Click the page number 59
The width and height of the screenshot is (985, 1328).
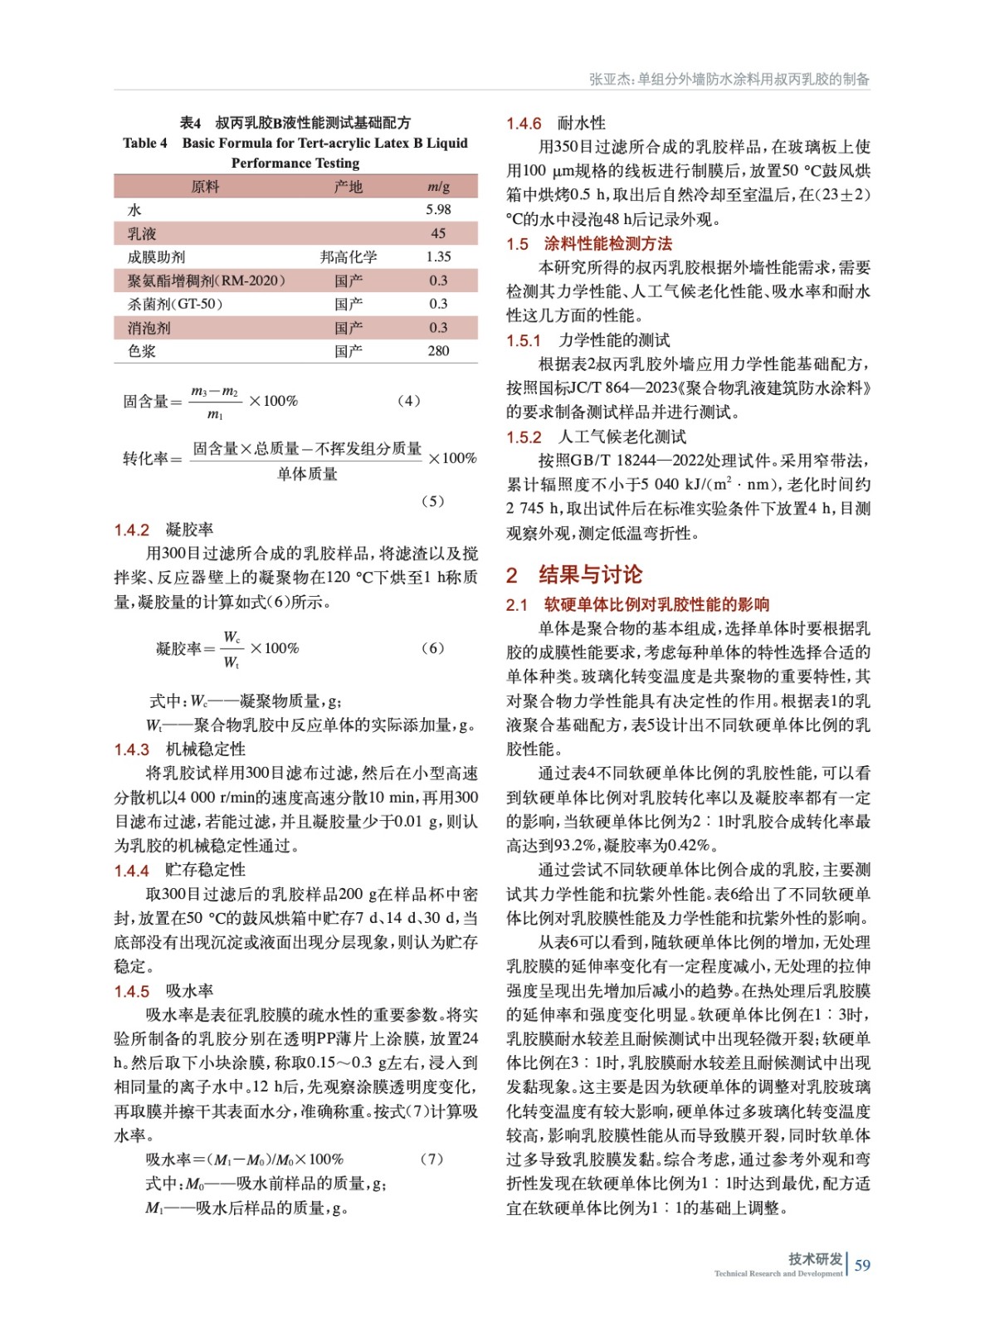pyautogui.click(x=862, y=1265)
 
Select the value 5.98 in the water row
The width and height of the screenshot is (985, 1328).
pyautogui.click(x=438, y=210)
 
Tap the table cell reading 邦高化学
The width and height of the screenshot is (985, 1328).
pyautogui.click(x=349, y=257)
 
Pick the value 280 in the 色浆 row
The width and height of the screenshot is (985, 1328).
pyautogui.click(x=438, y=351)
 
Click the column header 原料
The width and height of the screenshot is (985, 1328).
pyautogui.click(x=205, y=187)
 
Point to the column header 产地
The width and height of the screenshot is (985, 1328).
pyautogui.click(x=349, y=187)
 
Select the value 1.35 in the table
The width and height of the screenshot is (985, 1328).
pyautogui.click(x=438, y=257)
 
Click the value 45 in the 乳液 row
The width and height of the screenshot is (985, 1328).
pyautogui.click(x=438, y=234)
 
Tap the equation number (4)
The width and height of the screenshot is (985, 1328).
pyautogui.click(x=409, y=401)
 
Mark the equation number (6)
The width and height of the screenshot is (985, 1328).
pyautogui.click(x=432, y=648)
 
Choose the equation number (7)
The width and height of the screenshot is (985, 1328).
pyautogui.click(x=432, y=1160)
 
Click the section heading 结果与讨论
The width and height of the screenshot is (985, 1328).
pyautogui.click(x=590, y=574)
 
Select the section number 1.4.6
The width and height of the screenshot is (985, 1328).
pyautogui.click(x=524, y=124)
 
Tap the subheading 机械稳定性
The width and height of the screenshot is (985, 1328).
pyautogui.click(x=206, y=749)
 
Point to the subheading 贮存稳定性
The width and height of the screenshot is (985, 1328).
pyautogui.click(x=206, y=870)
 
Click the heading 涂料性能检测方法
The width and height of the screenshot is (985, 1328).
pyautogui.click(x=608, y=244)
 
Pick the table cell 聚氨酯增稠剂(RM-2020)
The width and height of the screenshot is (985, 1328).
pyautogui.click(x=207, y=281)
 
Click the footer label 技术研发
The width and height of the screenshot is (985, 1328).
pyautogui.click(x=815, y=1259)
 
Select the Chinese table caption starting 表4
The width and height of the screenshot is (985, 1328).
pyautogui.click(x=295, y=123)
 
